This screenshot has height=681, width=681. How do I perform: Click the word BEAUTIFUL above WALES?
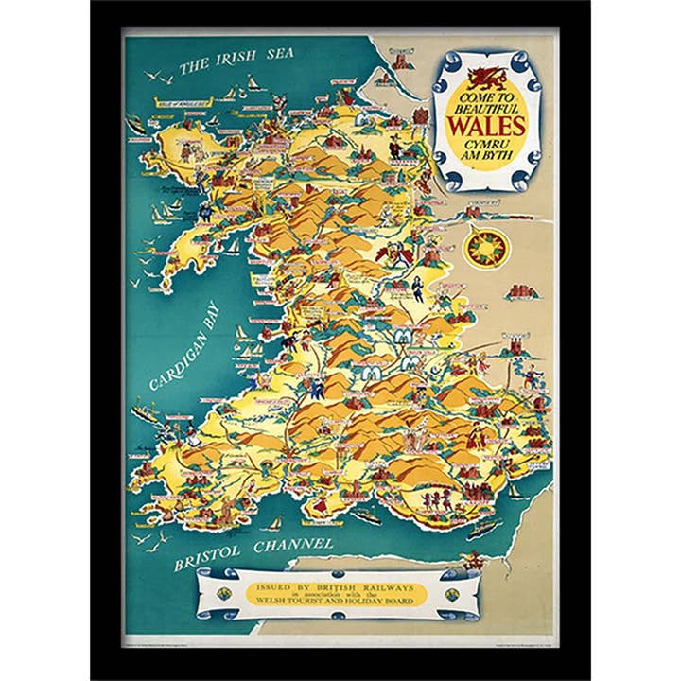point(486,108)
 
